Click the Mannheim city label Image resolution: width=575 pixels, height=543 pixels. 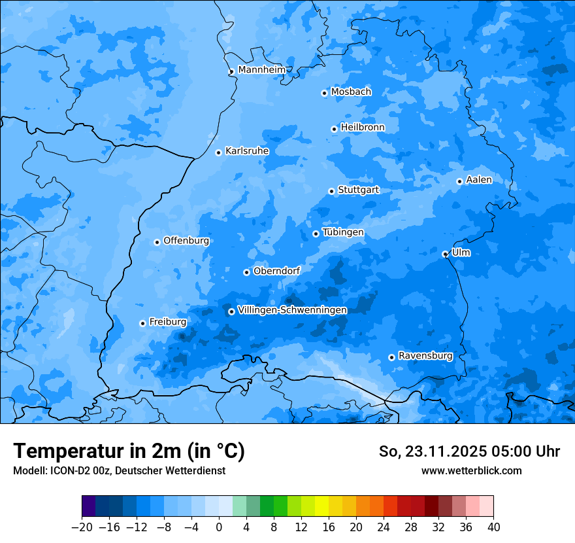pos(262,69)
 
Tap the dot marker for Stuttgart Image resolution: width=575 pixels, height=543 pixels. pos(332,192)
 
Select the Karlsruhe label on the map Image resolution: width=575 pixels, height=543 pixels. pos(247,151)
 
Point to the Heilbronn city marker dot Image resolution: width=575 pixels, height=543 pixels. pos(335,129)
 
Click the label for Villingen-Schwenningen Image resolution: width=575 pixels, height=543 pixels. pos(292,310)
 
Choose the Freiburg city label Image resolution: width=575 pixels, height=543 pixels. pos(167,322)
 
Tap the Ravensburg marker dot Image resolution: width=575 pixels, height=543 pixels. pos(391,357)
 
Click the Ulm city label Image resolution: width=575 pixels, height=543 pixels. pos(461,253)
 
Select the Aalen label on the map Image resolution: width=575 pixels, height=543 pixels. pos(479,180)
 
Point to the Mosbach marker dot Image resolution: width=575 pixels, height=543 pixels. pos(324,93)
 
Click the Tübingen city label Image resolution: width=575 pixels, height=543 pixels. pos(343,232)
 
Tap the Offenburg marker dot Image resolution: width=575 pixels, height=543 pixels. pos(157,242)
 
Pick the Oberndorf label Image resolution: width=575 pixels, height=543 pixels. pos(276,271)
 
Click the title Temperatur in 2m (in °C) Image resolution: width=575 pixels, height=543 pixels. pos(129,451)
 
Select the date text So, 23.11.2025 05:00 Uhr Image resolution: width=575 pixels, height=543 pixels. pos(469,451)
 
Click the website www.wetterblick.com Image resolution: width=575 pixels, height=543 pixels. pos(471,470)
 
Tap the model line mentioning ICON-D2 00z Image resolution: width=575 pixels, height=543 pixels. pos(119,470)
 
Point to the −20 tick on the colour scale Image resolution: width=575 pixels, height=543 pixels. pos(82,527)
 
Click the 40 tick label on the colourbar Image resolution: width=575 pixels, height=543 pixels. pos(493,527)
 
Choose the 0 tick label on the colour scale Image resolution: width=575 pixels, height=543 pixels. pos(219,527)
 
